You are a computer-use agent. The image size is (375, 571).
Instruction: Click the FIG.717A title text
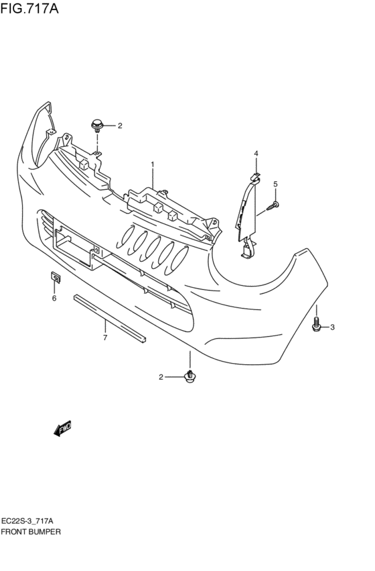(x=29, y=8)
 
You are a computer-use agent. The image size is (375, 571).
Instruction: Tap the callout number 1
(x=153, y=164)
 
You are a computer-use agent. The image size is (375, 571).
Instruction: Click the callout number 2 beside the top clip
(x=120, y=126)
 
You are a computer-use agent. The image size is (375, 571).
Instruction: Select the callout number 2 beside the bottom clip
(x=161, y=377)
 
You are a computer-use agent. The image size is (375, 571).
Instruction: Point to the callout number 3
(x=332, y=327)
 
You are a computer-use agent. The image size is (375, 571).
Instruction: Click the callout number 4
(x=256, y=153)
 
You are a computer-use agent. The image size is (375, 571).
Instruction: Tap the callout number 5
(x=275, y=185)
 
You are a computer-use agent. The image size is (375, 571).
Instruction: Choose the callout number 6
(x=54, y=299)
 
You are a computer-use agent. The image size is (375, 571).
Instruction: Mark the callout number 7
(x=105, y=338)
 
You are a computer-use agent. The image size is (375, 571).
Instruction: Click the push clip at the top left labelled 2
(x=97, y=125)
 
